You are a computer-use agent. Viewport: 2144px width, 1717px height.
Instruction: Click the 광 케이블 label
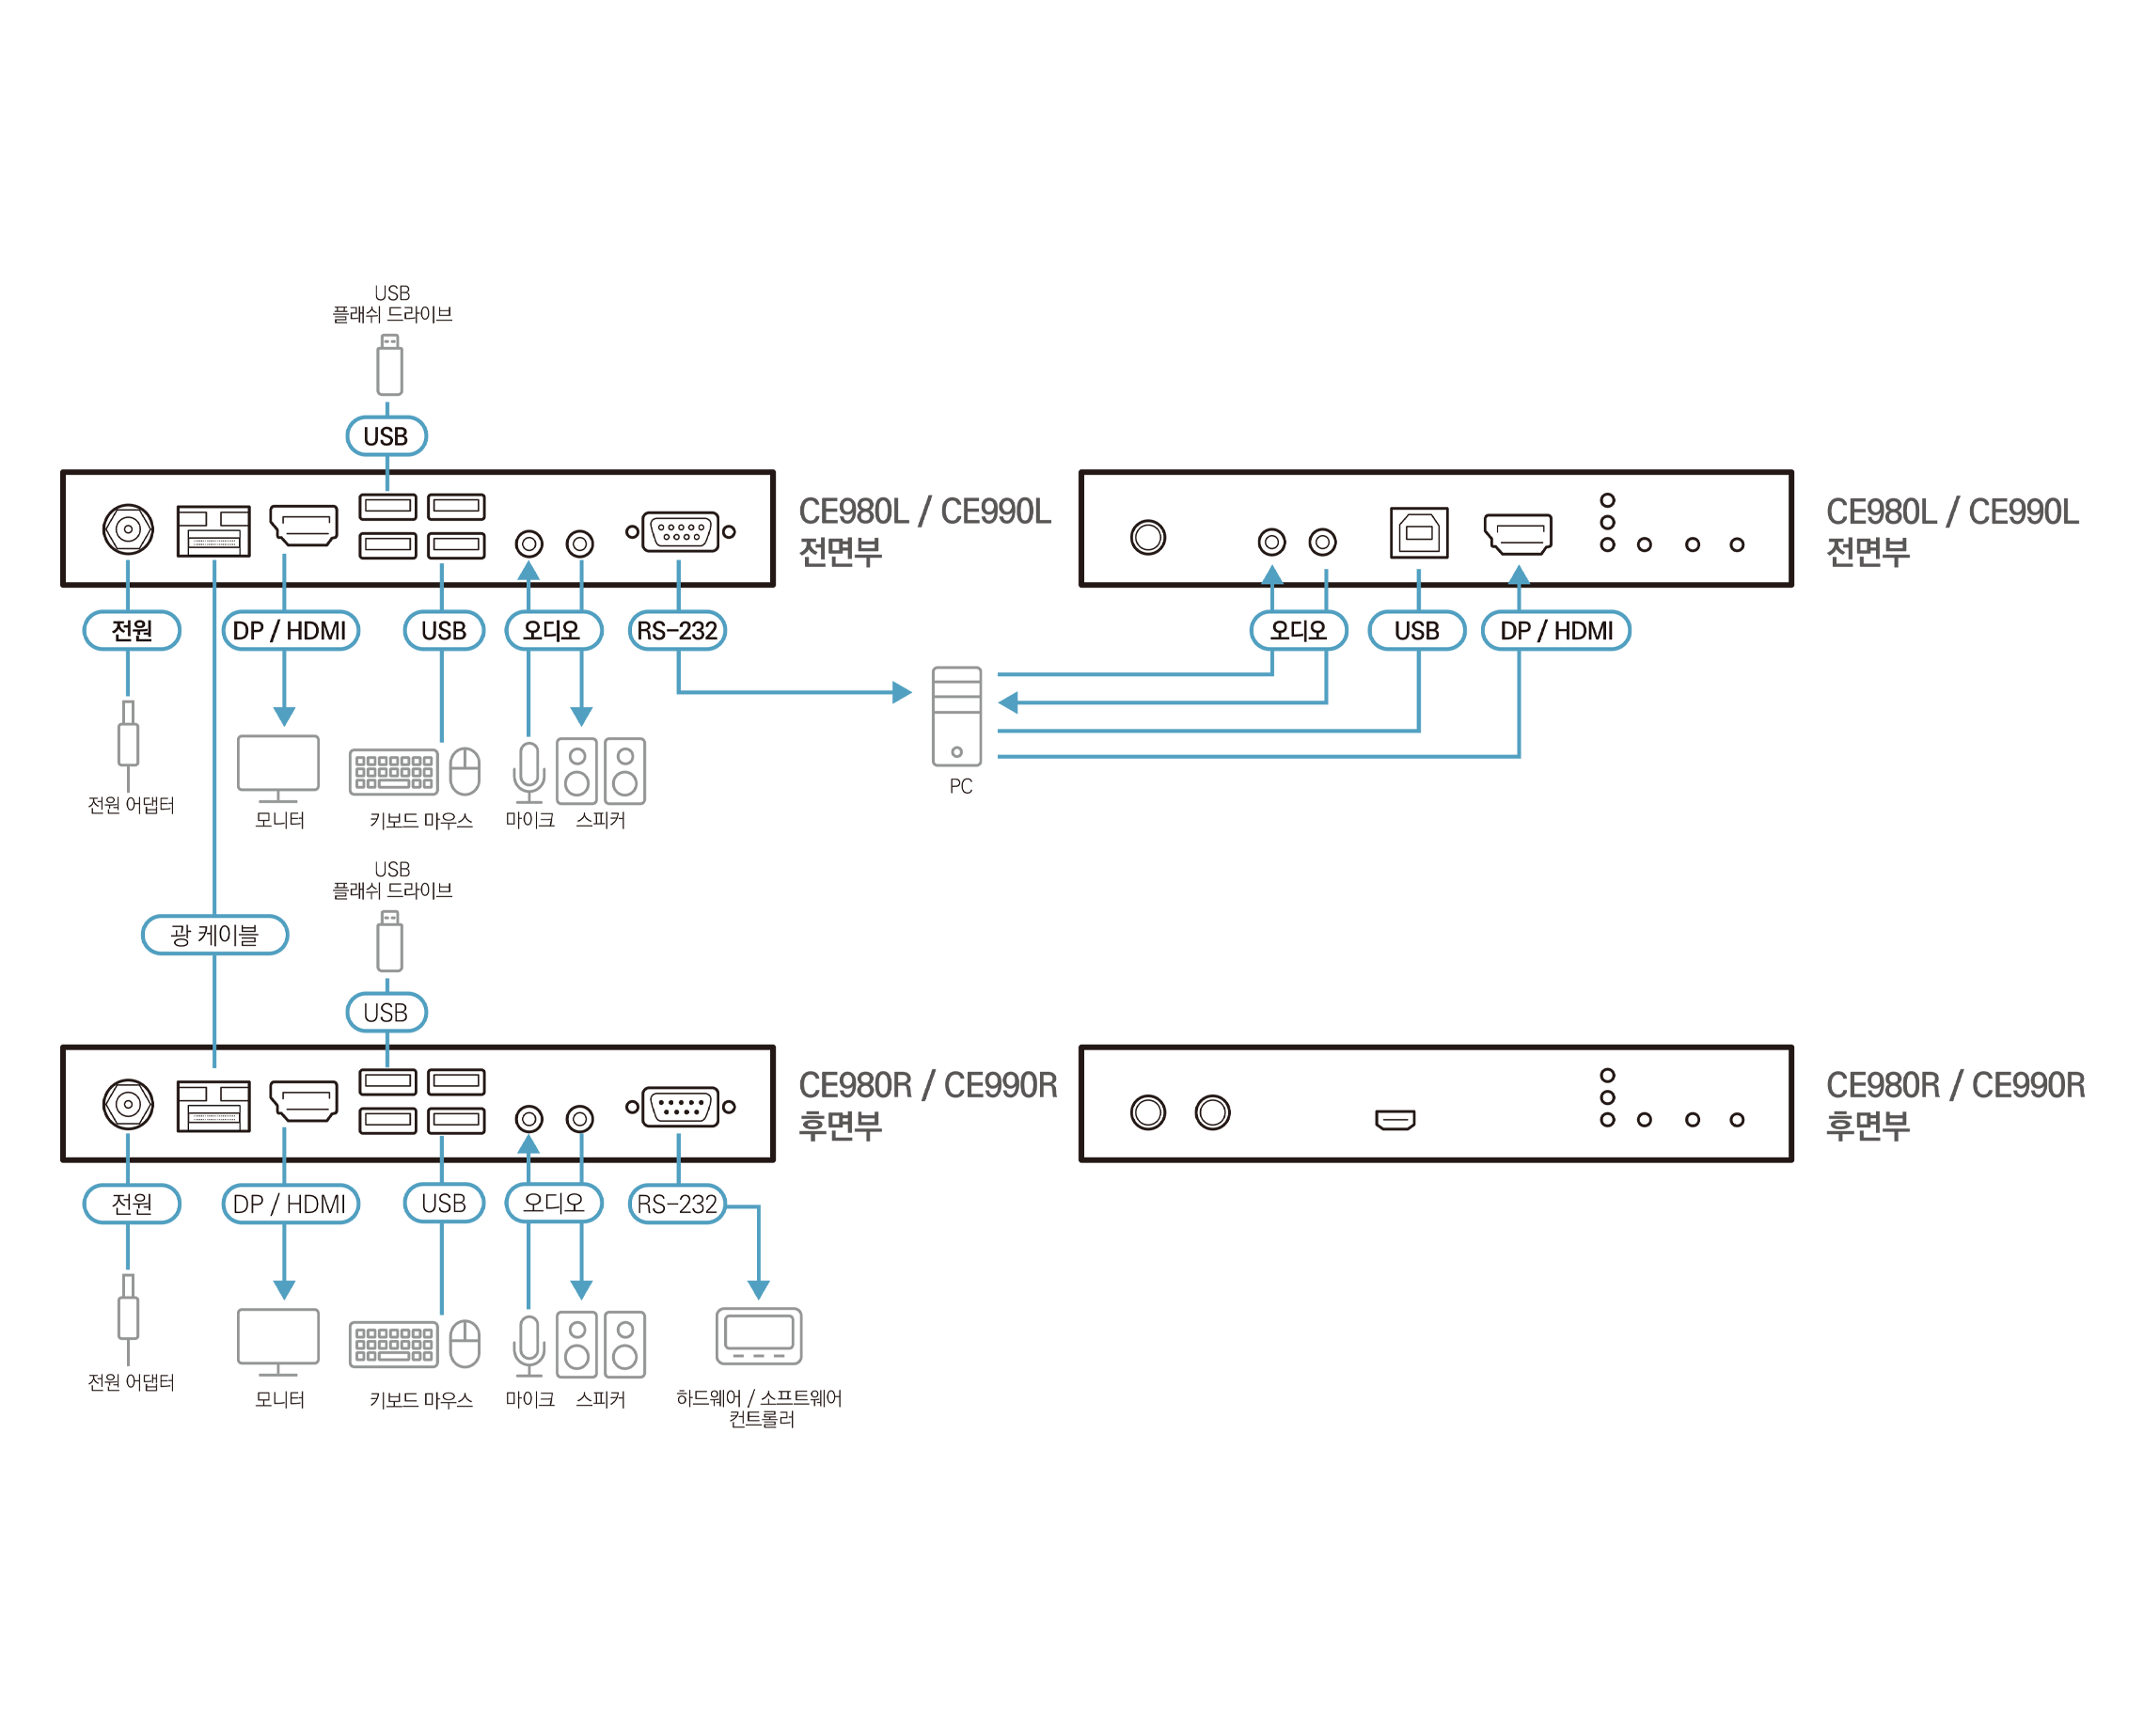pos(214,935)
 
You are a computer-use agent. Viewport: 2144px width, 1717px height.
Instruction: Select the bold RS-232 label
pos(676,630)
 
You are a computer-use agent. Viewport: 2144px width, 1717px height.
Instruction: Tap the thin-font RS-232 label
pos(676,1204)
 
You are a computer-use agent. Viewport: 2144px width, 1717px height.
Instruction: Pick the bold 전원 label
pos(133,630)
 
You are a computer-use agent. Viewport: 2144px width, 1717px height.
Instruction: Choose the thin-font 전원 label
pos(133,1204)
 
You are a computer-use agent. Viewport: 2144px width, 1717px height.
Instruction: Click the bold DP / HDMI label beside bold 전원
pos(290,630)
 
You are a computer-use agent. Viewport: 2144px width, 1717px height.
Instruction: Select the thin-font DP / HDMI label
pos(290,1204)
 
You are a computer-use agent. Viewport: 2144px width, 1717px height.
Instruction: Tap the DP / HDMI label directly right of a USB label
pos(1555,630)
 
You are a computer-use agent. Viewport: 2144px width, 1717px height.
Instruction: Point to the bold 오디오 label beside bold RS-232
pos(553,630)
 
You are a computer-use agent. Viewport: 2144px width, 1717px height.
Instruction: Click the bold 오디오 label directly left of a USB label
pos(1299,630)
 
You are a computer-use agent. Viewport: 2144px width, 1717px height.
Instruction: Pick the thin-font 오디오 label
pos(553,1203)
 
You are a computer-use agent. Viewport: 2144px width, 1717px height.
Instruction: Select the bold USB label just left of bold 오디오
pos(444,630)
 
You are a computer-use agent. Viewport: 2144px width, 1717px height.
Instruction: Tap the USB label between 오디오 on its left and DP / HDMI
pos(1416,630)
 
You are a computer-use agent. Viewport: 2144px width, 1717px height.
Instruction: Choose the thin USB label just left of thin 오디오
pos(444,1204)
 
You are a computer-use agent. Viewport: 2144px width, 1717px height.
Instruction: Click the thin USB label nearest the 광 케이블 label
pos(386,1012)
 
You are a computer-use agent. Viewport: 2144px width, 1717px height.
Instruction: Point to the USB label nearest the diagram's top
pos(386,435)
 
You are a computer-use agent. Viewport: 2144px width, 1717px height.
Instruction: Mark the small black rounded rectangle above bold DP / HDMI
pos(213,542)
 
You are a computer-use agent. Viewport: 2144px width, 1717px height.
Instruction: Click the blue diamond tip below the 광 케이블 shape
pos(213,1060)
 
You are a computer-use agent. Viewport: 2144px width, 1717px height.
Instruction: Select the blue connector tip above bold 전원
pos(127,572)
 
